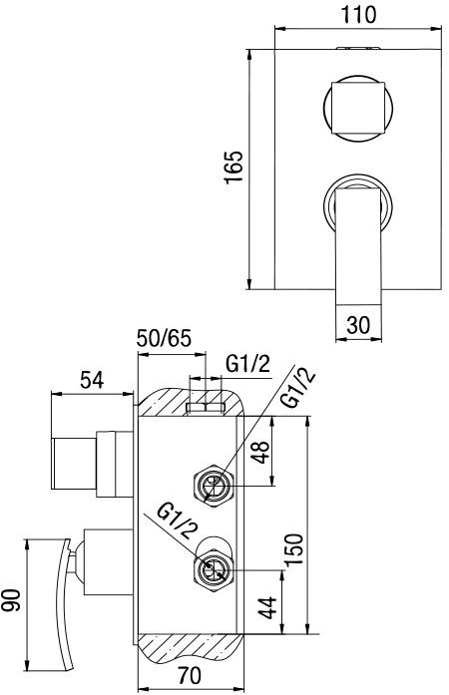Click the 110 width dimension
(x=356, y=15)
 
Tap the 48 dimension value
(x=260, y=455)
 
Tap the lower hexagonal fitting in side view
(x=213, y=569)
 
